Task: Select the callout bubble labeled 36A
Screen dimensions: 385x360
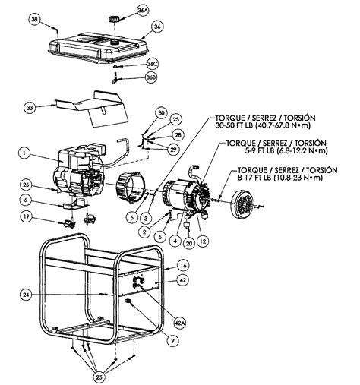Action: coord(143,10)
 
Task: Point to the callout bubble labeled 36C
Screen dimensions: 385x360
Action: coord(152,64)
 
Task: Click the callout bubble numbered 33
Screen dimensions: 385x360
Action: coord(30,109)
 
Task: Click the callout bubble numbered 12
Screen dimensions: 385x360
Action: coord(203,241)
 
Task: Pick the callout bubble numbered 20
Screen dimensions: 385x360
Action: coord(188,243)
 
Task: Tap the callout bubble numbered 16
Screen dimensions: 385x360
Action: coord(182,266)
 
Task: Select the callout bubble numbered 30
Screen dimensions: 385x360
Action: coord(160,113)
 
